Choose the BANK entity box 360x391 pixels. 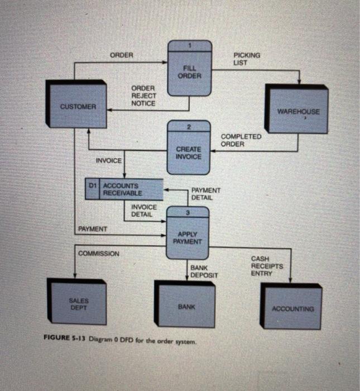coord(185,306)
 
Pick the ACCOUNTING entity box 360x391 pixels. coord(292,308)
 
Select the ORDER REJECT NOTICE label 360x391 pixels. coord(143,96)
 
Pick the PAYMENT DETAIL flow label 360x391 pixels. coord(206,194)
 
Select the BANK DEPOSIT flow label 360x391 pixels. coord(204,272)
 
